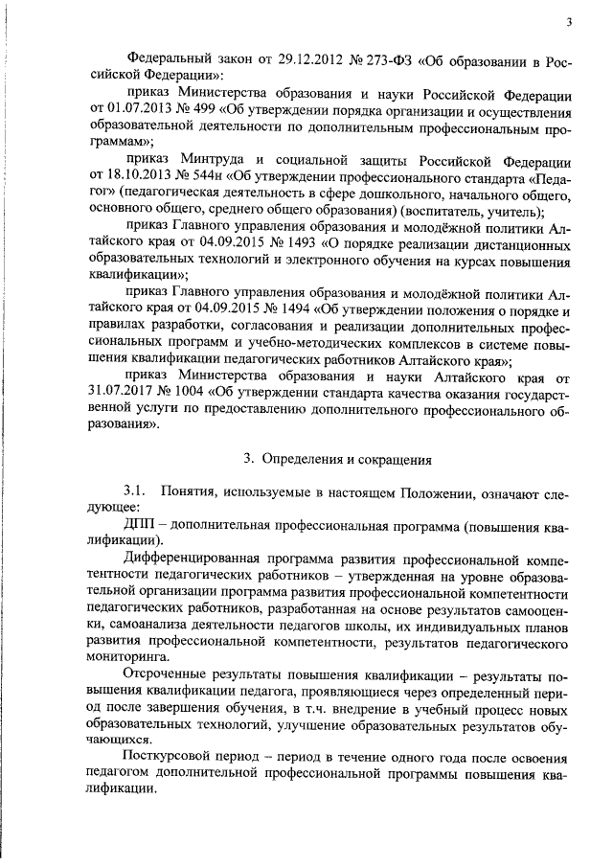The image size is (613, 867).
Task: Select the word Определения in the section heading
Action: [304, 460]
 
